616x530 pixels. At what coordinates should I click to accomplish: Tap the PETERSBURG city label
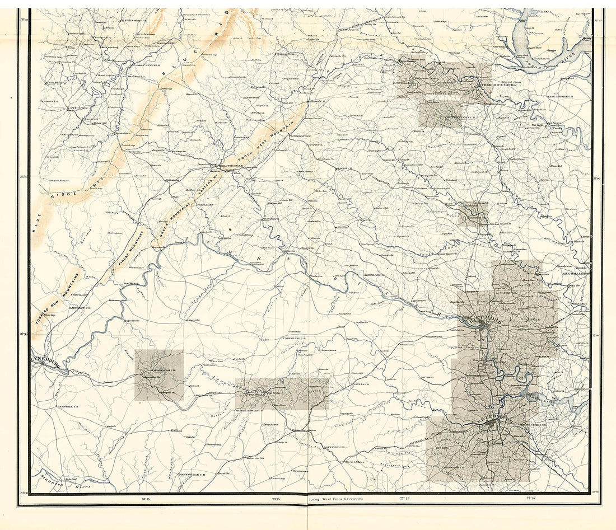coord(493,418)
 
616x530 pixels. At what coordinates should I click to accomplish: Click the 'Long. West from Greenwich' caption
coord(333,498)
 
